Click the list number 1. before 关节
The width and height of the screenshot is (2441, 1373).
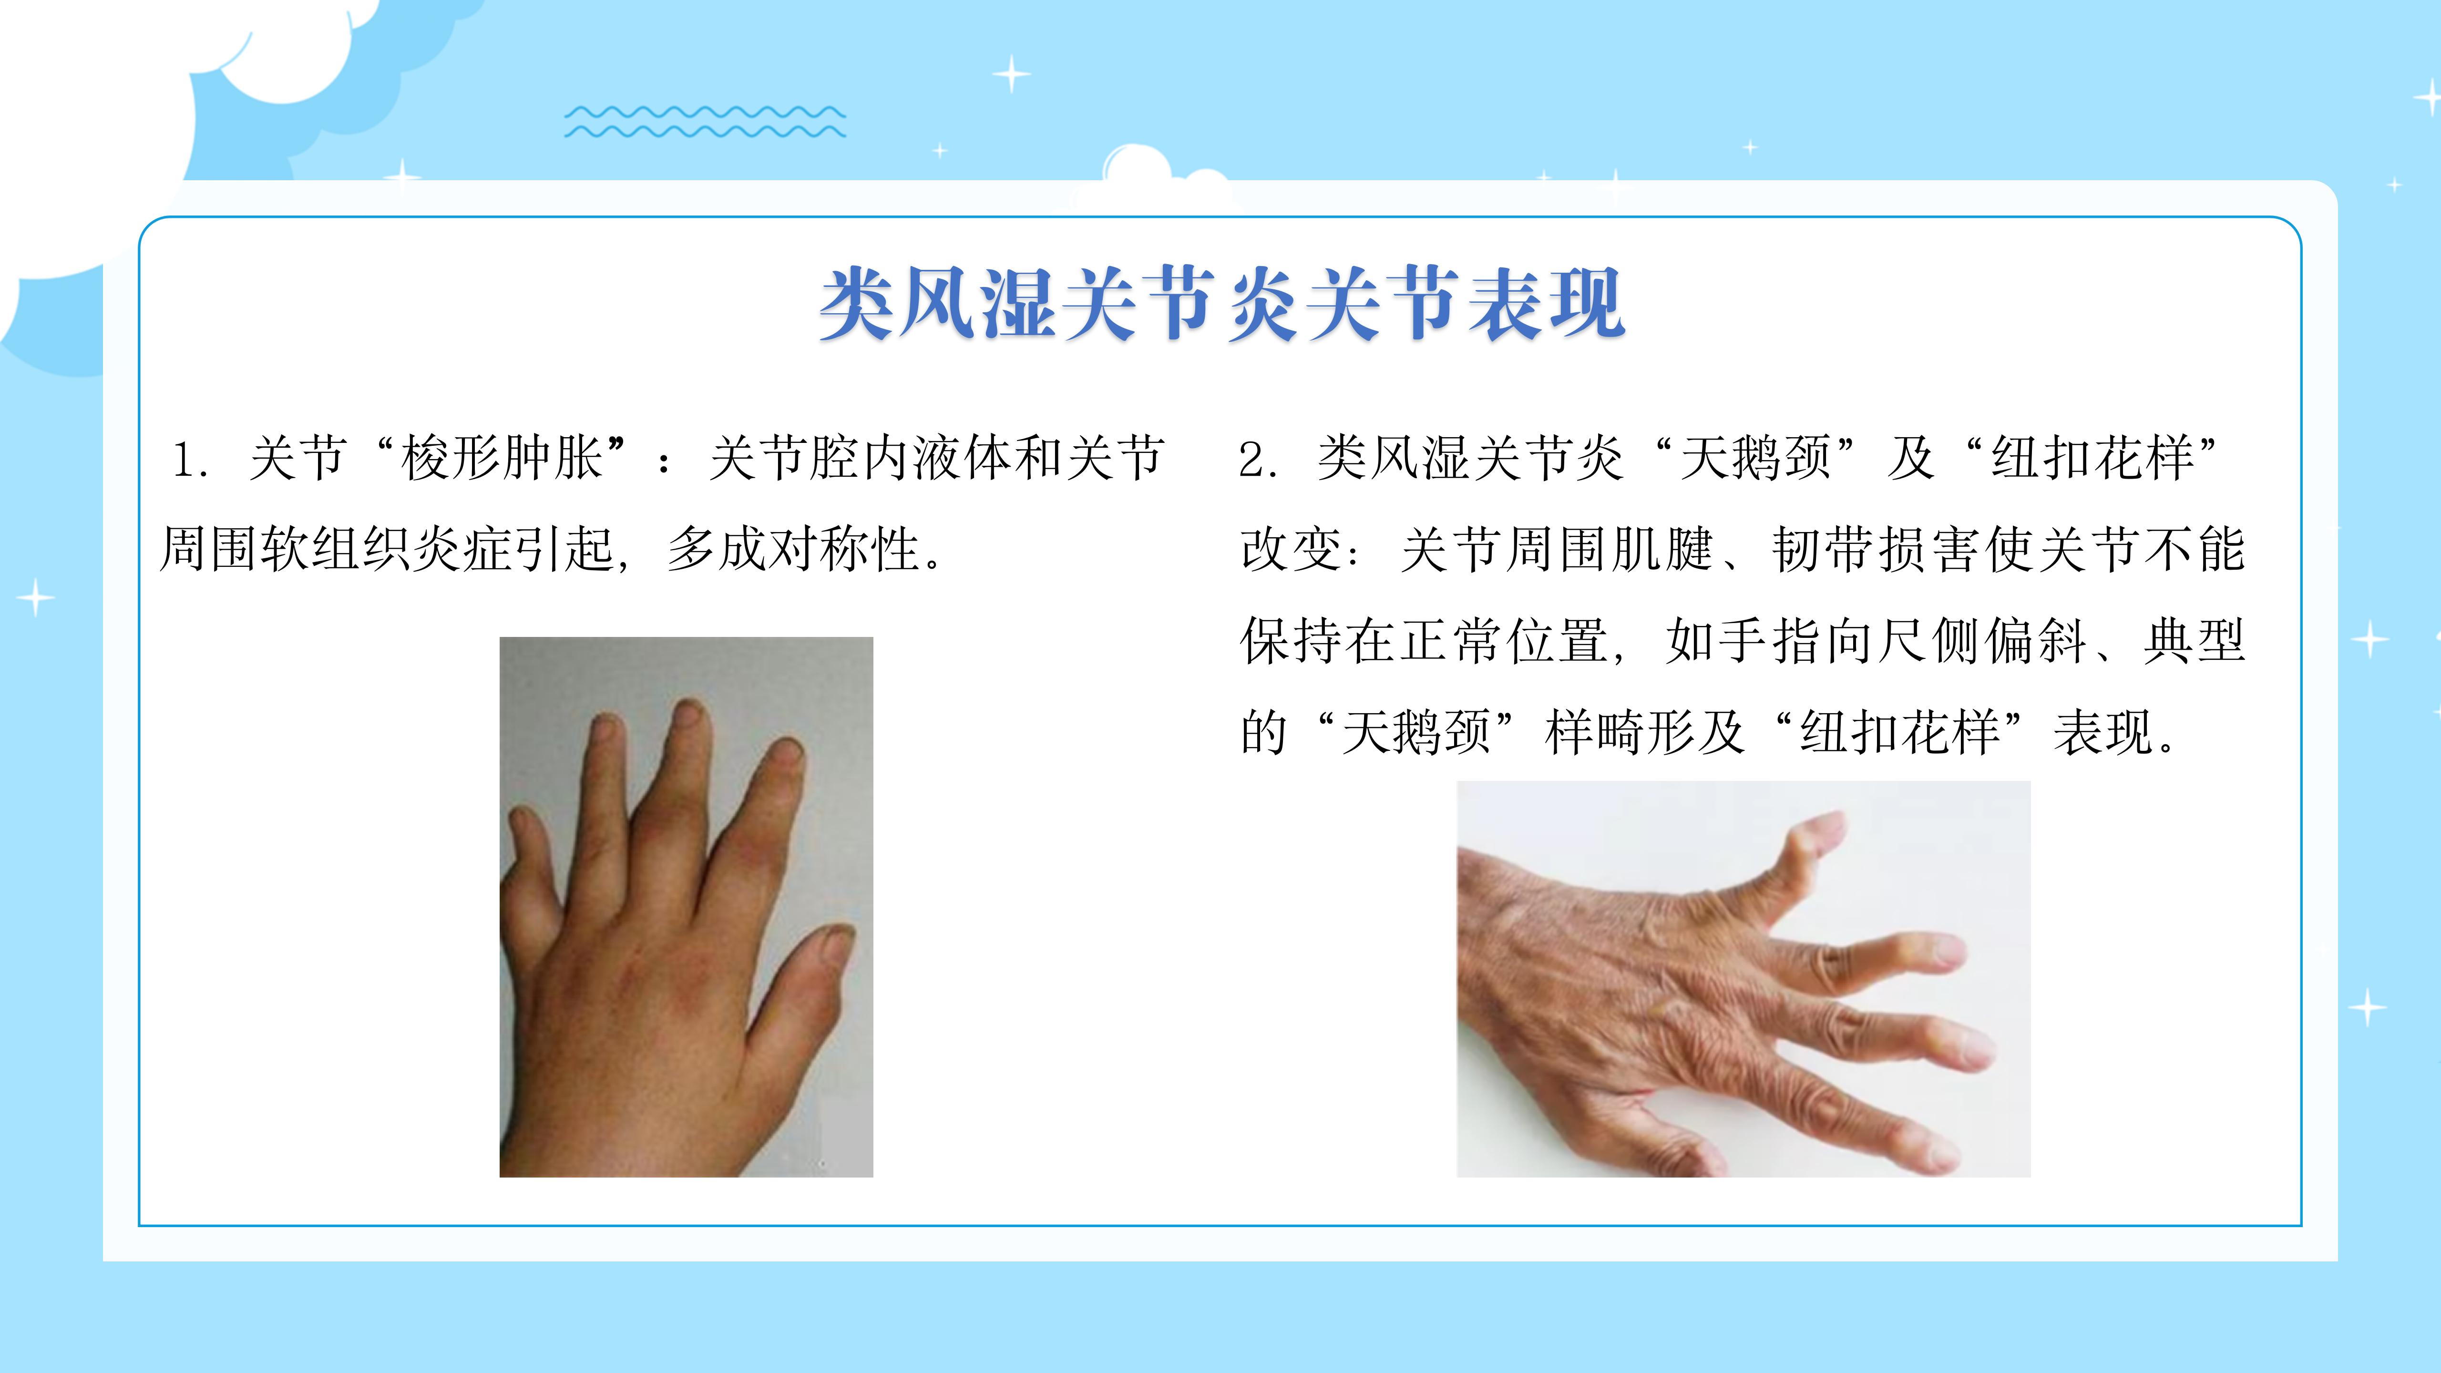[190, 460]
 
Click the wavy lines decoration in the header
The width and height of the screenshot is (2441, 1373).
[705, 121]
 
